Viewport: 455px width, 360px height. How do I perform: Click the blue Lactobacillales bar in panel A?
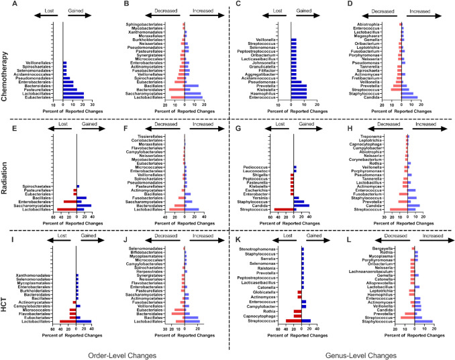(74, 99)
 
